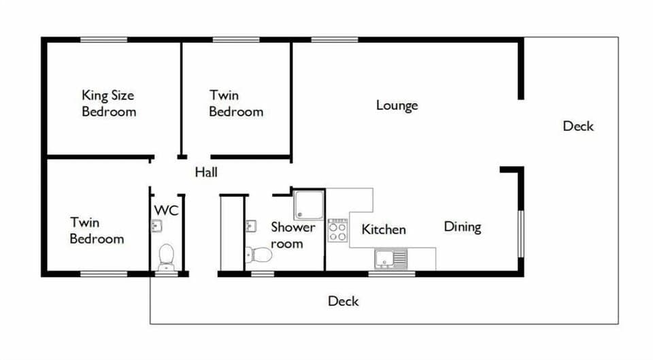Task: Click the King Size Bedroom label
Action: tap(109, 103)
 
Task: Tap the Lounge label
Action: tap(397, 105)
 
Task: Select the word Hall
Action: tap(206, 173)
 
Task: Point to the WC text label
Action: tap(166, 210)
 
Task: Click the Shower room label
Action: tap(293, 235)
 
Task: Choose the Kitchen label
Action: tap(384, 230)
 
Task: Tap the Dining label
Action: tap(463, 227)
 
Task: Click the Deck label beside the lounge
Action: tap(578, 126)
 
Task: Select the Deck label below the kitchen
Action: tap(343, 301)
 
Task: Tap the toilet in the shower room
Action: tap(259, 255)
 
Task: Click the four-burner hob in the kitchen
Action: tap(338, 231)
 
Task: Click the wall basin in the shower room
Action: tap(250, 226)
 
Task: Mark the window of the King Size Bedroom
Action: tap(103, 39)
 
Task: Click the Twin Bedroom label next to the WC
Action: tap(97, 231)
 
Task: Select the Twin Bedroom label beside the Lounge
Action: tap(236, 103)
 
